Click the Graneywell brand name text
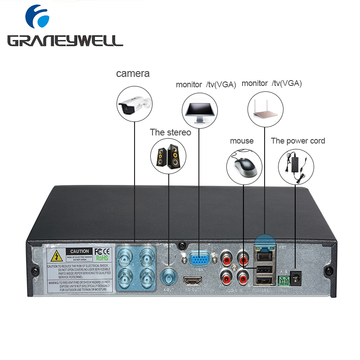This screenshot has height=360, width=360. point(65,41)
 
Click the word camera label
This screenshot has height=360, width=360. point(133,73)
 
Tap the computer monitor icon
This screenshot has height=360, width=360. point(199,110)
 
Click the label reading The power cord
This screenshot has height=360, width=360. point(298,141)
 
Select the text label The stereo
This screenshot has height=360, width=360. point(171,132)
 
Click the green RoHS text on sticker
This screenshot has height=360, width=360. point(102,258)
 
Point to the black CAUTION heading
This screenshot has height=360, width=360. point(80,251)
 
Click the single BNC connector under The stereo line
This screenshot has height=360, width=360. point(168,274)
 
